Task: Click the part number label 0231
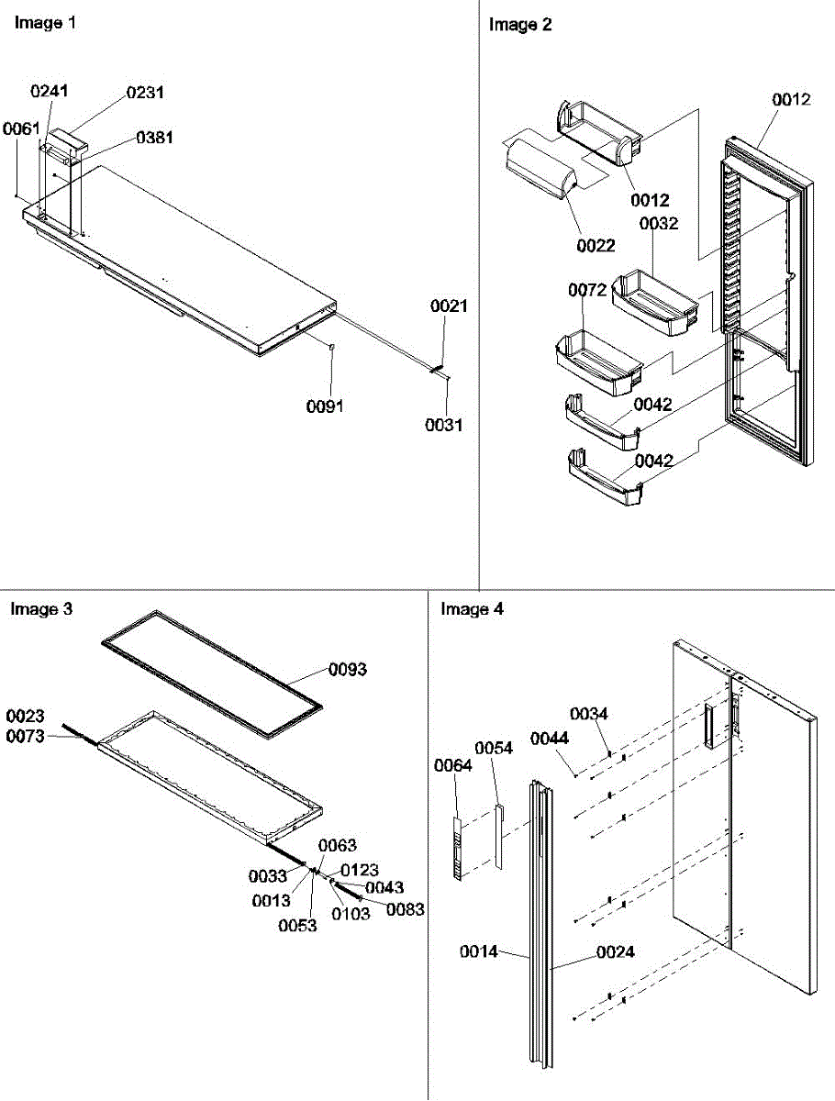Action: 145,93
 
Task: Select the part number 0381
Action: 154,139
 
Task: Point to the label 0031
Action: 444,425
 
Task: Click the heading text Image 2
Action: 520,26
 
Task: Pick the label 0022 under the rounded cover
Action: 596,245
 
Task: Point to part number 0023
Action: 26,715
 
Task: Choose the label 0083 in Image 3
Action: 405,909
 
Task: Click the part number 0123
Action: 360,870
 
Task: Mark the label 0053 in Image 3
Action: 299,926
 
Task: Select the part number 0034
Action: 588,713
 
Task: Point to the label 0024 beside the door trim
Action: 615,953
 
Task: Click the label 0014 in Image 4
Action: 479,952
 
